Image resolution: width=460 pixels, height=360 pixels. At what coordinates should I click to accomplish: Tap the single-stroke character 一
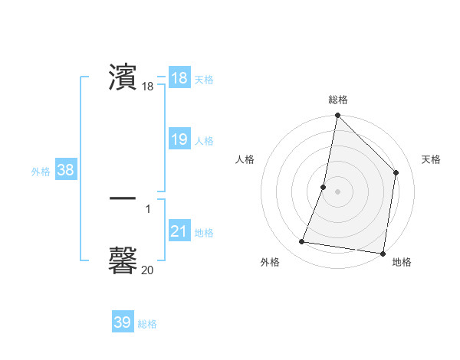pyautogui.click(x=123, y=198)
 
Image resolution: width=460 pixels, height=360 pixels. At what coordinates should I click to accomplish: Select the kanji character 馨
pyautogui.click(x=123, y=260)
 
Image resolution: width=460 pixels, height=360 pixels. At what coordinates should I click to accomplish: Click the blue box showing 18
pyautogui.click(x=179, y=77)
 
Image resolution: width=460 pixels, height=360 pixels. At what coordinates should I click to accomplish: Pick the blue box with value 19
pyautogui.click(x=179, y=139)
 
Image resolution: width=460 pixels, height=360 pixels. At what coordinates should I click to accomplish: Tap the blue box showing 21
pyautogui.click(x=179, y=231)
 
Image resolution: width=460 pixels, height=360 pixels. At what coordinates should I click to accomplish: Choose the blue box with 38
pyautogui.click(x=65, y=170)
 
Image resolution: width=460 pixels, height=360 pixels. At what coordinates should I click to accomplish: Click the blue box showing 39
pyautogui.click(x=122, y=322)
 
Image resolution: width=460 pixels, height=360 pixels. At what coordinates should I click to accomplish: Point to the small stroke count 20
pyautogui.click(x=147, y=270)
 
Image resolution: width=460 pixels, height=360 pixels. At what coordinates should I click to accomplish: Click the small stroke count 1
pyautogui.click(x=147, y=208)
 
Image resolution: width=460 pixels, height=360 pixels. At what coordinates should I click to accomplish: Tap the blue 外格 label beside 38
pyautogui.click(x=41, y=172)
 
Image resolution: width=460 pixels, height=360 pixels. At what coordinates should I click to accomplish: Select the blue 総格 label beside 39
pyautogui.click(x=147, y=324)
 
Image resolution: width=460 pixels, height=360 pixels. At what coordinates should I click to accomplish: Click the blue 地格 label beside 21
pyautogui.click(x=204, y=232)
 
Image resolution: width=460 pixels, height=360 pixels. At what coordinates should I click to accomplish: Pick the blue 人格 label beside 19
pyautogui.click(x=204, y=141)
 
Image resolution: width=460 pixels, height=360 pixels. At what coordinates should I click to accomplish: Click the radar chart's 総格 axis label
pyautogui.click(x=338, y=100)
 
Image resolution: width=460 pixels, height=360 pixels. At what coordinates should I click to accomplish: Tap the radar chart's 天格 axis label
pyautogui.click(x=431, y=159)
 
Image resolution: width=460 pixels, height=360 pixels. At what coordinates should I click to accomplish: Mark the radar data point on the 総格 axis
pyautogui.click(x=337, y=116)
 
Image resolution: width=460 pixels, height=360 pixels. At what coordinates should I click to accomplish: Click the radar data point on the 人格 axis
pyautogui.click(x=324, y=187)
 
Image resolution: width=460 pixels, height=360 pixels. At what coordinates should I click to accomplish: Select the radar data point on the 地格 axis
pyautogui.click(x=383, y=253)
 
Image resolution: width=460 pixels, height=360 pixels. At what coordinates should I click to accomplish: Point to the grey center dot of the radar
pyautogui.click(x=337, y=191)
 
